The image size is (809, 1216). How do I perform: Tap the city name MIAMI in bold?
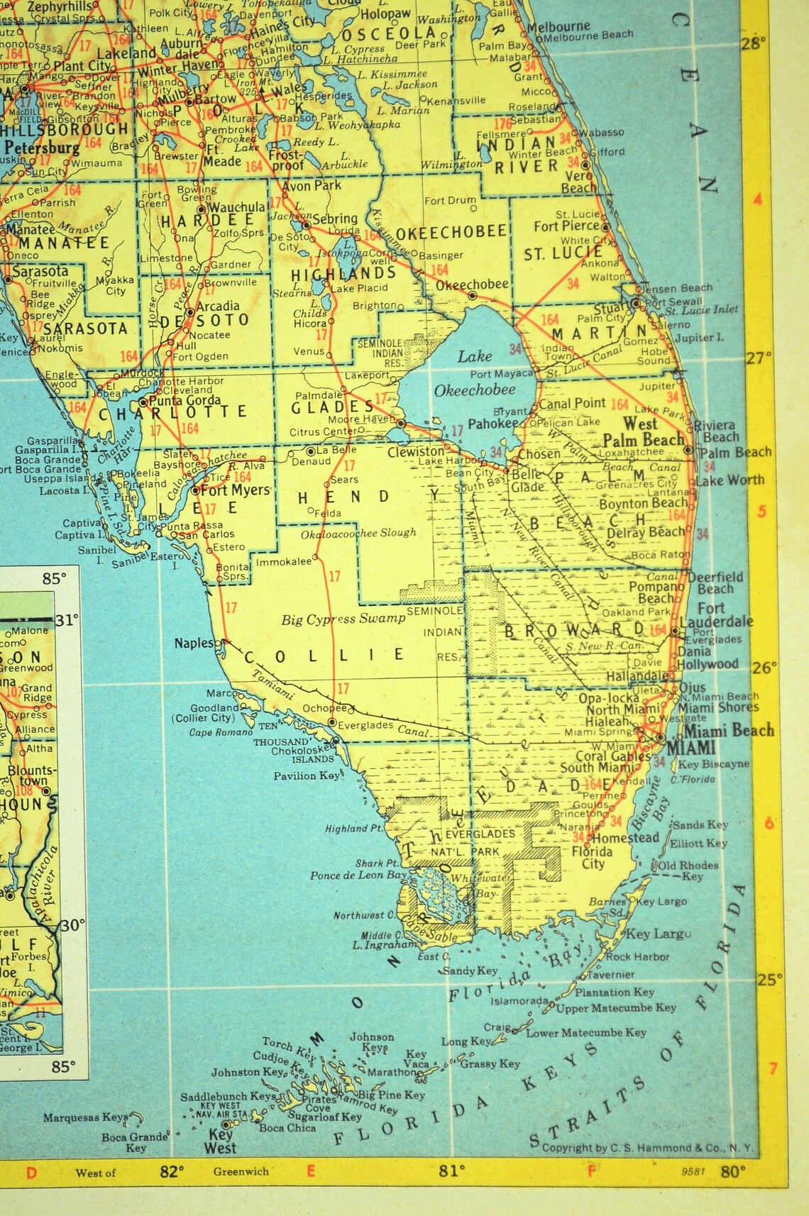click(x=692, y=748)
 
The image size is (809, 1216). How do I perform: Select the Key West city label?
click(x=220, y=1140)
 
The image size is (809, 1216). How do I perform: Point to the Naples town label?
click(x=194, y=643)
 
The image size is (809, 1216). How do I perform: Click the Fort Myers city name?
click(x=236, y=490)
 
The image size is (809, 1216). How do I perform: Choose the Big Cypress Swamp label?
click(x=343, y=619)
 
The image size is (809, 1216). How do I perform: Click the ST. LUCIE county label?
click(x=563, y=253)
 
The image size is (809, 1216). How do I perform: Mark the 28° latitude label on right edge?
click(x=754, y=44)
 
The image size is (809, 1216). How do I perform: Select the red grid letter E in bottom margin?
click(x=310, y=1171)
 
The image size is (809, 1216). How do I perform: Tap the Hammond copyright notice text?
click(x=647, y=1147)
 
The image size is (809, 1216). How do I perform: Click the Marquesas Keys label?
click(x=85, y=1117)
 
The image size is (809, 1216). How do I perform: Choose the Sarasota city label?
click(x=40, y=271)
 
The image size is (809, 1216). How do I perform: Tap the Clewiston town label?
click(x=416, y=452)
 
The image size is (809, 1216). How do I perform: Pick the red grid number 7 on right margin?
click(x=773, y=1068)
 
